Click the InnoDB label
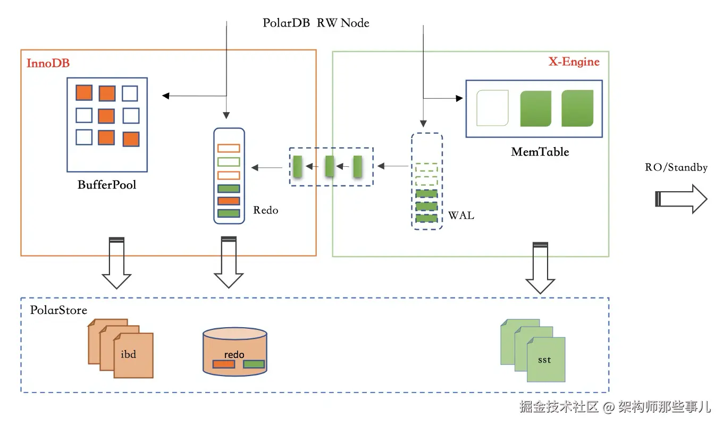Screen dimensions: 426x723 tap(48, 63)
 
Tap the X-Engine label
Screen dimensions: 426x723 tap(574, 62)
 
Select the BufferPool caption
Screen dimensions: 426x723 tap(106, 185)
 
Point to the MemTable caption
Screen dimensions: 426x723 tap(540, 152)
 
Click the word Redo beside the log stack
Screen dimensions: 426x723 tap(265, 210)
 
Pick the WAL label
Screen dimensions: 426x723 tap(461, 216)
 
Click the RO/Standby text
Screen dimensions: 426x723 tap(676, 168)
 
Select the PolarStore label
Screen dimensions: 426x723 tap(58, 310)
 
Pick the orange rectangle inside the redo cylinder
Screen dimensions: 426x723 tap(223, 364)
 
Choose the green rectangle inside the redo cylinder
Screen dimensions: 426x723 tap(254, 364)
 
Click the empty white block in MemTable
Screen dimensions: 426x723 tap(492, 108)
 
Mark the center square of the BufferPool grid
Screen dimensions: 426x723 tap(106, 115)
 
